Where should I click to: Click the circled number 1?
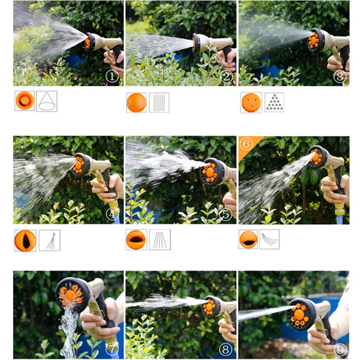[112, 76]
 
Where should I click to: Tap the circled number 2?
[226, 76]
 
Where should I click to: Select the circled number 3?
[340, 76]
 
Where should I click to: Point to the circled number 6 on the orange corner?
[246, 144]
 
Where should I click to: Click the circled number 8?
[225, 349]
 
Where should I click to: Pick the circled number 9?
[340, 350]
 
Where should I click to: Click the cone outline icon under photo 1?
[47, 101]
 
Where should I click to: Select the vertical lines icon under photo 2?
[159, 103]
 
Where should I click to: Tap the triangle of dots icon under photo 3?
[274, 102]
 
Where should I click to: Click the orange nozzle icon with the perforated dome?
[136, 103]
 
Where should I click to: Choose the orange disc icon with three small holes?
[251, 103]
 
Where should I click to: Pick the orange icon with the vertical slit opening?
[25, 241]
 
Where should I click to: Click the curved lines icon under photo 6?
[270, 239]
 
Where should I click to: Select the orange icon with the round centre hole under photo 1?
[25, 100]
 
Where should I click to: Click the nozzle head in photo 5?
[211, 172]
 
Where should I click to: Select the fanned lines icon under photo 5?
[160, 239]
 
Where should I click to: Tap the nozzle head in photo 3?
[316, 40]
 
